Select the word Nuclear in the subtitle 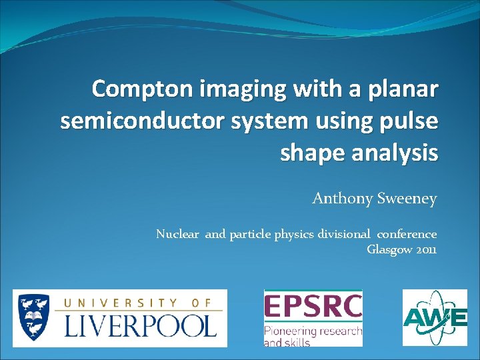click(x=177, y=234)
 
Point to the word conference click(x=407, y=234)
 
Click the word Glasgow click(x=390, y=250)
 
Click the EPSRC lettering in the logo click(x=313, y=307)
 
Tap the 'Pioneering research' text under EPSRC click(x=313, y=331)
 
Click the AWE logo click(x=435, y=318)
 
